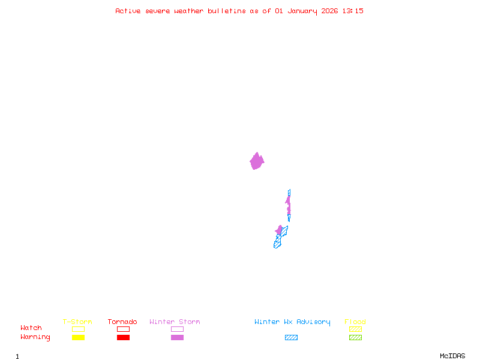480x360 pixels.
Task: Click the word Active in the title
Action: tap(128, 11)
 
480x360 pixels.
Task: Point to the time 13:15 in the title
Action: tap(353, 11)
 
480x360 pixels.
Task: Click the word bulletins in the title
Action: tap(226, 11)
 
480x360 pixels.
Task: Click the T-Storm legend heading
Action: tap(77, 322)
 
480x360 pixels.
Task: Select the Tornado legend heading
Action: tap(122, 322)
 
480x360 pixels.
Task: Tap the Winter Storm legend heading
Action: tap(175, 322)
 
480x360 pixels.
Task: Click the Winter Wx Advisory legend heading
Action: tap(292, 322)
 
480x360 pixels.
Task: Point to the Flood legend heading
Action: tap(355, 322)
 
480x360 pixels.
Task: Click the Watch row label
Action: tap(31, 328)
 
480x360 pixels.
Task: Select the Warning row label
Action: tap(35, 337)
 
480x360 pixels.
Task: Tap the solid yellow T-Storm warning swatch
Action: tap(78, 338)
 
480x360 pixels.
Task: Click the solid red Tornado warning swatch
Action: tap(123, 338)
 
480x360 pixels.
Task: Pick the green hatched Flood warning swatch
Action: tap(355, 338)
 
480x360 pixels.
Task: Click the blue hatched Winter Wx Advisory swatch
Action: tap(291, 338)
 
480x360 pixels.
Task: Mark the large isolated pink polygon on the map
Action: tap(257, 161)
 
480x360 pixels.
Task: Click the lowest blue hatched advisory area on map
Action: tap(277, 244)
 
